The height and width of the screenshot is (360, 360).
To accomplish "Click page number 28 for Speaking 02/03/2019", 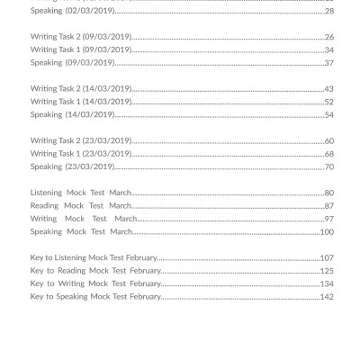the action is pos(328,11).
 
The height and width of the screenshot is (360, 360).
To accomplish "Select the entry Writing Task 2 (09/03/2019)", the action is pos(81,37).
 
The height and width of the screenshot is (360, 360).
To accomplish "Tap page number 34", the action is pos(328,49).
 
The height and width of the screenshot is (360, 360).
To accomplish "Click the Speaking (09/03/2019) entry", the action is pos(72,63).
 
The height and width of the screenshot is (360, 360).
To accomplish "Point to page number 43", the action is pos(328,89).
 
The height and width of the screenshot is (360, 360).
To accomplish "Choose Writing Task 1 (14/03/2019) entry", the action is pos(81,102).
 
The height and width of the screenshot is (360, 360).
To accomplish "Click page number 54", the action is pos(328,114).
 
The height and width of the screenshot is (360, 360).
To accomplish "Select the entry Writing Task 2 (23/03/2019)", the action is pos(81,140).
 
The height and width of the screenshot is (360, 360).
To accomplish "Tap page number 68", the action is pos(328,153).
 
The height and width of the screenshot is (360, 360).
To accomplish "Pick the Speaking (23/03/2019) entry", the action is pos(72,166).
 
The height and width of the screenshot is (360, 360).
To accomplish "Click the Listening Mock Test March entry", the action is pos(81,193).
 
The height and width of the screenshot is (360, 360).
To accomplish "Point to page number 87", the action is pos(328,205).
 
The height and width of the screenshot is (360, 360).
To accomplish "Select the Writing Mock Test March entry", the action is pos(84,219).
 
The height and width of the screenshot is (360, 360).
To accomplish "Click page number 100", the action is pos(327,231).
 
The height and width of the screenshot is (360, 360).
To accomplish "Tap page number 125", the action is pos(327,270).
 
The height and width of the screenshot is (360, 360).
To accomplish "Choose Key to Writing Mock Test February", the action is pos(95,283).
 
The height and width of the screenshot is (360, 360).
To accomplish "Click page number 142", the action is pos(327,296).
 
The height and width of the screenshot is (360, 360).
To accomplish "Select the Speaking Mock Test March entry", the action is pos(81,231).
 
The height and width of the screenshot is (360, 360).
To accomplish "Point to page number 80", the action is pos(328,193).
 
